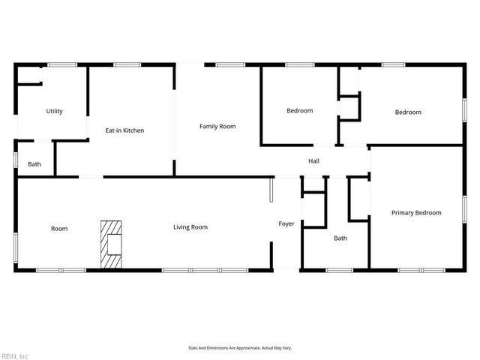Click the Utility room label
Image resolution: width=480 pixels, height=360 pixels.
[54, 112]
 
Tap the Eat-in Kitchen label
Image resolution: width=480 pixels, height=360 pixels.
[124, 130]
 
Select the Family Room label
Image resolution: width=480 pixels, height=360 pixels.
[217, 127]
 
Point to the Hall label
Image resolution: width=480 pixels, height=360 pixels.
[314, 161]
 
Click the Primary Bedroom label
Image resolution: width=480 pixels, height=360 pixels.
[416, 213]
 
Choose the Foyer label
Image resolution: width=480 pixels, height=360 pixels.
[286, 224]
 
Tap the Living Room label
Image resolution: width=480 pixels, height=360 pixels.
[190, 227]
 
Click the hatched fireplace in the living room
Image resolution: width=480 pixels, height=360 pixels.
[112, 244]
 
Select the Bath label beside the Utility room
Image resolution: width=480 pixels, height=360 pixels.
[34, 164]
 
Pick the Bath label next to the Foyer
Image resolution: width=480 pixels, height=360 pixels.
[340, 238]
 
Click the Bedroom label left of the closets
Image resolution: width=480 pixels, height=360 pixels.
[299, 111]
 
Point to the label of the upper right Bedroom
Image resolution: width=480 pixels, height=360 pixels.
[408, 112]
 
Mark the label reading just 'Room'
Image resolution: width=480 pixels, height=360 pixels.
[59, 229]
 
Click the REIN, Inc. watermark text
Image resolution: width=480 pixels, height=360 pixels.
[14, 355]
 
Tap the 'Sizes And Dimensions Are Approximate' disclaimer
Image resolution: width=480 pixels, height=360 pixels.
[239, 348]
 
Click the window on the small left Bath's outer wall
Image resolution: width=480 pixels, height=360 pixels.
[16, 160]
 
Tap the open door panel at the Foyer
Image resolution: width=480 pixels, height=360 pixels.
[272, 190]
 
